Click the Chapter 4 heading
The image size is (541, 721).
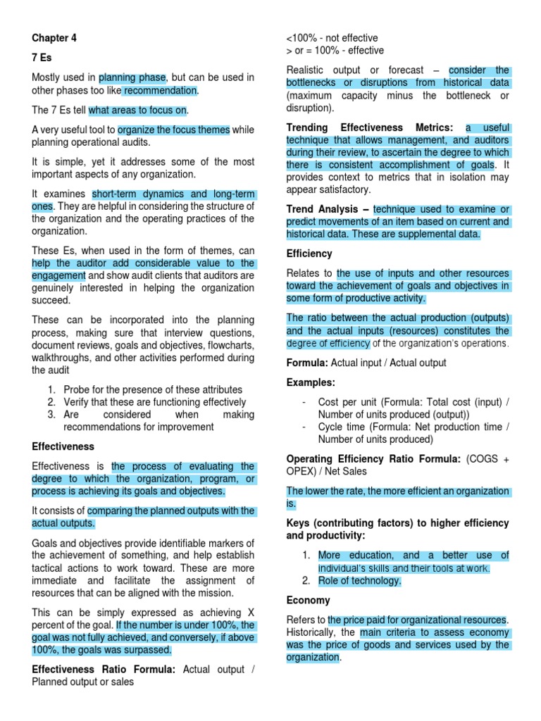pyautogui.click(x=54, y=38)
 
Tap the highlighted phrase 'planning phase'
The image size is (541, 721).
pyautogui.click(x=132, y=77)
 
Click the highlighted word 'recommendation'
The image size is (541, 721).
pyautogui.click(x=160, y=91)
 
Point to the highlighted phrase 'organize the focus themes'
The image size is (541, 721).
pyautogui.click(x=173, y=130)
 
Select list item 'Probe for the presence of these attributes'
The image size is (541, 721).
pyautogui.click(x=152, y=389)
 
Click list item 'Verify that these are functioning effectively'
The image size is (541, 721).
pyautogui.click(x=154, y=402)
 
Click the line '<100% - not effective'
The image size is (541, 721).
pyautogui.click(x=332, y=38)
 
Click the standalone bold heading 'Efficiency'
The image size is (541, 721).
pyautogui.click(x=309, y=253)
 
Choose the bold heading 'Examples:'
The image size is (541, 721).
pyautogui.click(x=311, y=382)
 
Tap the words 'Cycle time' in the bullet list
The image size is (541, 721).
pyautogui.click(x=342, y=427)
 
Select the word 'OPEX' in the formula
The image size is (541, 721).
pyautogui.click(x=301, y=471)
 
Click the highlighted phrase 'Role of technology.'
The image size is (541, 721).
pyautogui.click(x=359, y=581)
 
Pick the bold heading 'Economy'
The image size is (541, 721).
pyautogui.click(x=308, y=600)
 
